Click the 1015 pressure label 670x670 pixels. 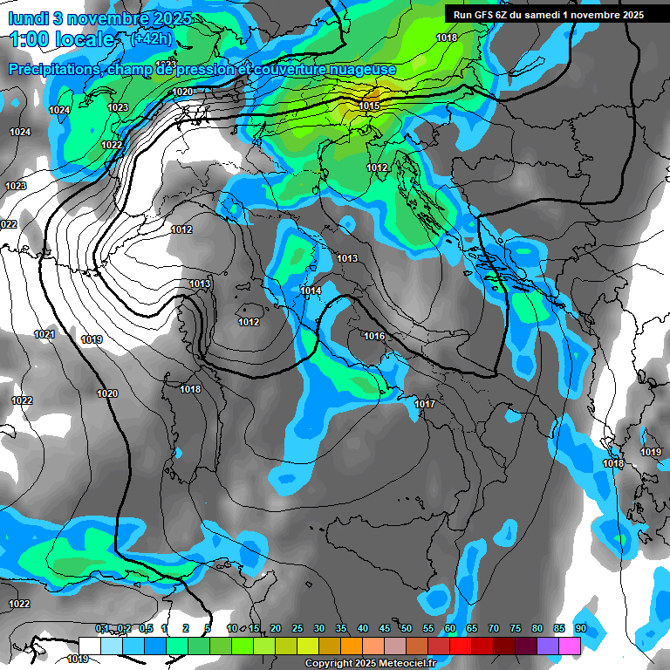coord(369,106)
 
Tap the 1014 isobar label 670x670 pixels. coord(311,291)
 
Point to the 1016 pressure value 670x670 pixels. coord(374,336)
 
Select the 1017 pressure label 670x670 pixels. coord(425,404)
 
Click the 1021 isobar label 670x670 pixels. coord(44,334)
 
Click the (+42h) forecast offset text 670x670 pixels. coord(152,39)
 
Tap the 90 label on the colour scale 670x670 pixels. coord(580,628)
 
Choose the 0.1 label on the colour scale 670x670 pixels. coord(101,628)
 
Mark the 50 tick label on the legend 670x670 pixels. coord(407,628)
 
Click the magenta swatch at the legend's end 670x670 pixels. coord(571,645)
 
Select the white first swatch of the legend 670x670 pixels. coord(90,645)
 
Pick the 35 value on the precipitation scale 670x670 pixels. coord(341,628)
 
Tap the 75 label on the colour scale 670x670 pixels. coord(516,628)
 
